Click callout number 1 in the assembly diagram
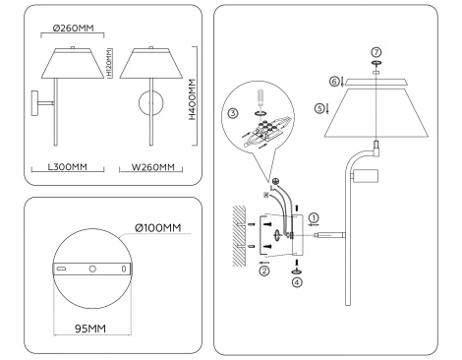(314, 216)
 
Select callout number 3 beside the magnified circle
(232, 114)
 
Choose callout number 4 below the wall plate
(297, 280)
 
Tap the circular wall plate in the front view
(150, 105)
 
